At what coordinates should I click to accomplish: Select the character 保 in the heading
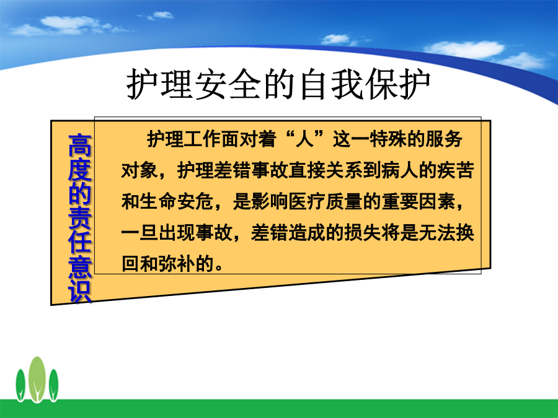pyautogui.click(x=382, y=84)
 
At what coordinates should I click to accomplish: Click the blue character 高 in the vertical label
pyautogui.click(x=80, y=145)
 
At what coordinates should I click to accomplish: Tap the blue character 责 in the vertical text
pyautogui.click(x=80, y=217)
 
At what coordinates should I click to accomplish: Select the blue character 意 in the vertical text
pyautogui.click(x=80, y=267)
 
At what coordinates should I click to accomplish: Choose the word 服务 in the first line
pyautogui.click(x=444, y=139)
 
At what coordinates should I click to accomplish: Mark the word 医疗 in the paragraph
pyautogui.click(x=307, y=201)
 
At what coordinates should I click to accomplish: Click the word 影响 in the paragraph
pyautogui.click(x=270, y=201)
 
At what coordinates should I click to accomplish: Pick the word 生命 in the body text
pyautogui.click(x=157, y=201)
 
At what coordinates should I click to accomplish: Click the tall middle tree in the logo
pyautogui.click(x=37, y=379)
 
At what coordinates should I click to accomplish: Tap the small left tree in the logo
pyautogui.click(x=20, y=385)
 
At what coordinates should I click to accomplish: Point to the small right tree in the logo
pyautogui.click(x=54, y=385)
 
